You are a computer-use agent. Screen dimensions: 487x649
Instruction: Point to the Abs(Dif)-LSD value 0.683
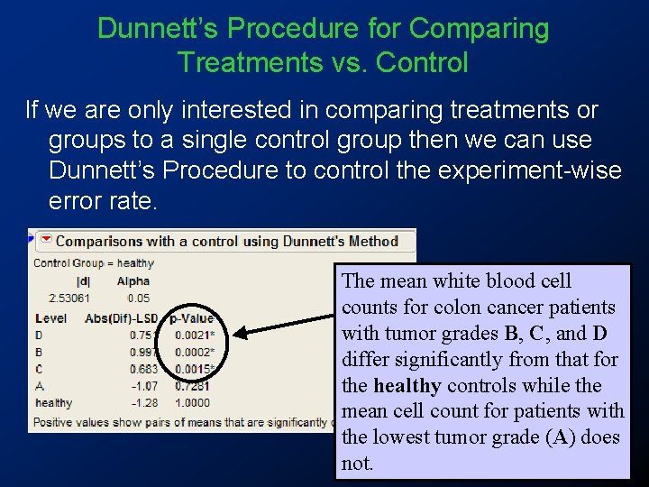(x=143, y=369)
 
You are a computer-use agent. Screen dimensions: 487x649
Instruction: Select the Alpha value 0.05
(x=138, y=298)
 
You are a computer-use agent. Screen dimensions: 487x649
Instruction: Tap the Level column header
(x=50, y=317)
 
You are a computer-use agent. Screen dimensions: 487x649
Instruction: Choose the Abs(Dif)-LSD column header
(x=122, y=317)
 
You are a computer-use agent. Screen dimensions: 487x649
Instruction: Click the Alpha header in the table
(x=133, y=280)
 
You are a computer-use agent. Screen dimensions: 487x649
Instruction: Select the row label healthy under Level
(x=54, y=403)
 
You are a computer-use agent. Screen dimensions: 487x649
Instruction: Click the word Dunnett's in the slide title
(x=159, y=29)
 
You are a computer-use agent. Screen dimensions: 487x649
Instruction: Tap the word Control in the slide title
(x=423, y=63)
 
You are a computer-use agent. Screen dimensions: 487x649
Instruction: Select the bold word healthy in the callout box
(x=407, y=386)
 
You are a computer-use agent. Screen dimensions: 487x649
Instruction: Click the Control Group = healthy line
(x=94, y=263)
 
